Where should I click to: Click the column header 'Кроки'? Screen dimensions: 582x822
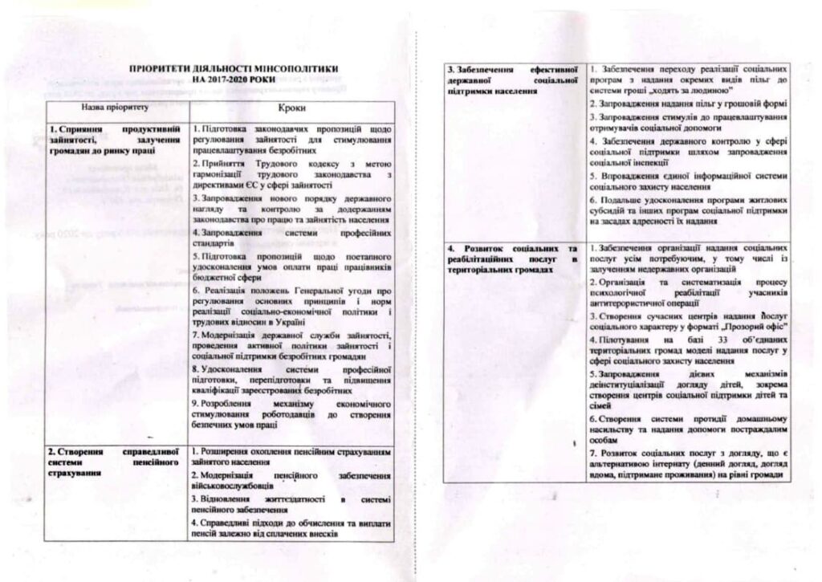point(291,108)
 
